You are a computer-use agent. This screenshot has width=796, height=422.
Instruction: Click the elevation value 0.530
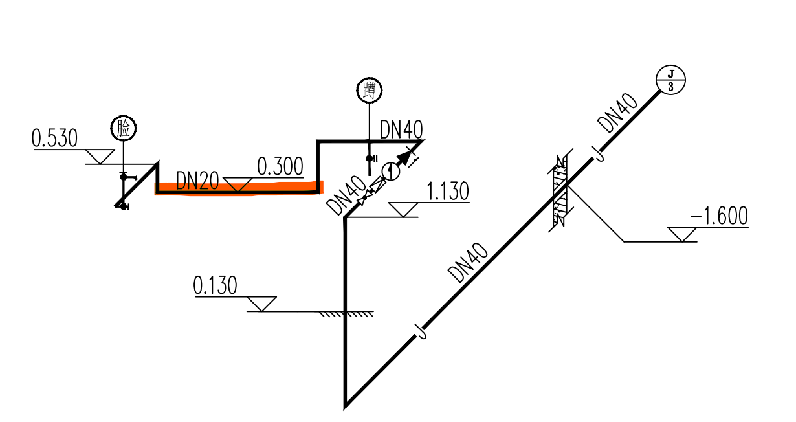(x=55, y=138)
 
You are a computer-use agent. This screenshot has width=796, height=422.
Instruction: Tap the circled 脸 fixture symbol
(x=123, y=128)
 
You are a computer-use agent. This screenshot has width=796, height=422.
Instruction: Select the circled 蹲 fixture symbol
(x=370, y=90)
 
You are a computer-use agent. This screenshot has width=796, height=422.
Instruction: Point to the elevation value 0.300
(x=280, y=167)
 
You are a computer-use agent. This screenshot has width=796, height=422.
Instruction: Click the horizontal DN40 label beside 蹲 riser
(x=401, y=129)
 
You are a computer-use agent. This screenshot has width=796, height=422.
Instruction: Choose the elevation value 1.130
(x=448, y=192)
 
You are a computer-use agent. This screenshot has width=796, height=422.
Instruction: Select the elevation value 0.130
(x=216, y=285)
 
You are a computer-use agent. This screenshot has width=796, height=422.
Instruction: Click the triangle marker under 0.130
(x=262, y=303)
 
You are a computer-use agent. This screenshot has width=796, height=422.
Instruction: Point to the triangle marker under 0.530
(x=100, y=156)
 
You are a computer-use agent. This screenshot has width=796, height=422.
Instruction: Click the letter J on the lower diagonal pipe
(x=421, y=333)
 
